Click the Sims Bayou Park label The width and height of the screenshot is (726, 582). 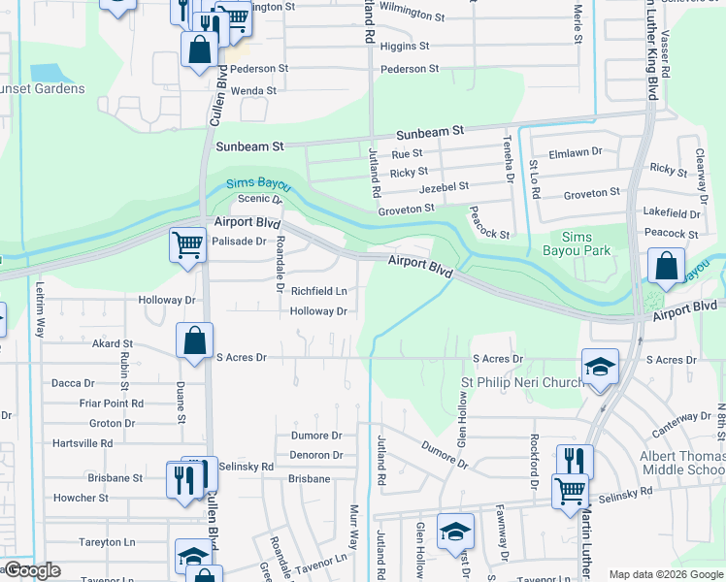[585, 243]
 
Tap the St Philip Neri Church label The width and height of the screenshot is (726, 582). [522, 382]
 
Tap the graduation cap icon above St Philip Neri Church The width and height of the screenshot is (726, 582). [600, 367]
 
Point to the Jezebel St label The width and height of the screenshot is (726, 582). [443, 186]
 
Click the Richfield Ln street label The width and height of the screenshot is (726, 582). [318, 291]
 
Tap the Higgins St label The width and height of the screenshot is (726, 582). [405, 47]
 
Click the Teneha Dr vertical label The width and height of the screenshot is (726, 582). [508, 159]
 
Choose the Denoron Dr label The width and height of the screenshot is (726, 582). [316, 455]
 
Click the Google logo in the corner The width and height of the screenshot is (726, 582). [31, 570]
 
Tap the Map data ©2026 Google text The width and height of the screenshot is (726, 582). [666, 574]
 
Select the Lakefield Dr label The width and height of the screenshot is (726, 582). [671, 213]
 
